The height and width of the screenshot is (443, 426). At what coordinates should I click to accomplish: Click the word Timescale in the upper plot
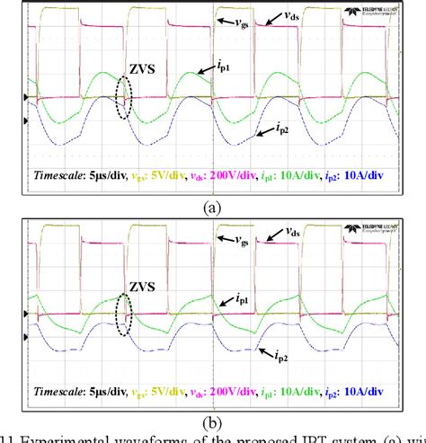(64, 177)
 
